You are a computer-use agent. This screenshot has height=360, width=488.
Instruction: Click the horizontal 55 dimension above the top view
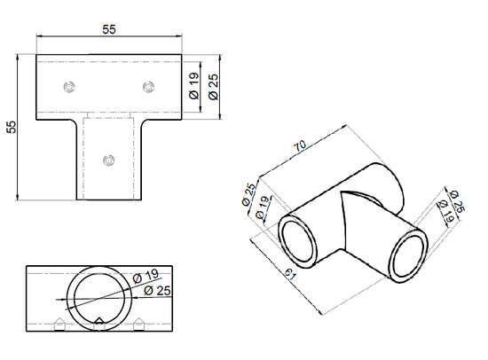point(108,28)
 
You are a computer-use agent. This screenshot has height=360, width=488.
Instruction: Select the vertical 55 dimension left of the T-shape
point(11,127)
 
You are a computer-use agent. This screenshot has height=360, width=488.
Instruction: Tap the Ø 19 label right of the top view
point(193,88)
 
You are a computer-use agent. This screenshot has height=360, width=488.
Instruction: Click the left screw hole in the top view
point(68,85)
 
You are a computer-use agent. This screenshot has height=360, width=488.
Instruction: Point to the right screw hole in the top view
point(147,85)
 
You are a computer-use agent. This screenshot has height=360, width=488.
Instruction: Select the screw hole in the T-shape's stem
point(108,160)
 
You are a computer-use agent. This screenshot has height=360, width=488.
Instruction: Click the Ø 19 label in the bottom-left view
point(145,277)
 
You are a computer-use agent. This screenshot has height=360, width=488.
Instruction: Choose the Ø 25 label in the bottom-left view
point(154,291)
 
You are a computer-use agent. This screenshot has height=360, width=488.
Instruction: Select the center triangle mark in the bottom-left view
point(98,321)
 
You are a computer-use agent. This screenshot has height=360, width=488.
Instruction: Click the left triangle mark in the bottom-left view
point(59,323)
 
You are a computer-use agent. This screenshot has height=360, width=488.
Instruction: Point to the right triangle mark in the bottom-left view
point(138,323)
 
